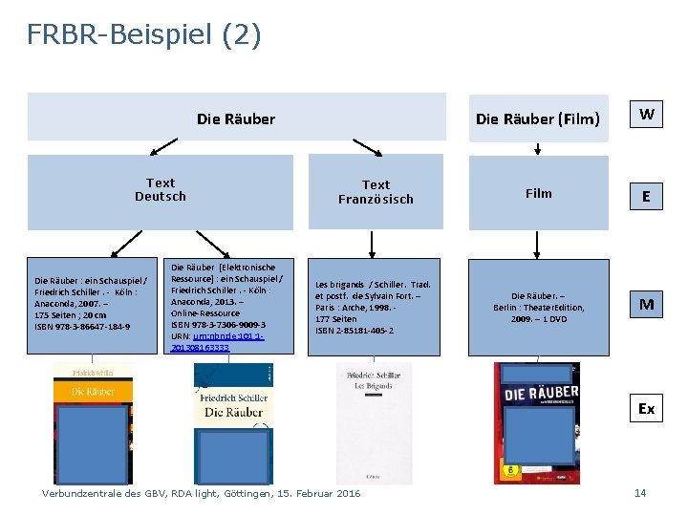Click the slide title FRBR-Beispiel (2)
coord(143,35)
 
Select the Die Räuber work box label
coord(235,119)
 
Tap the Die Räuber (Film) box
coord(538,119)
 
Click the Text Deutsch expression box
coord(161,190)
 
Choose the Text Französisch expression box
coord(376,192)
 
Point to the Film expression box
coord(538,193)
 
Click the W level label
coord(647,115)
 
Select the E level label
coord(647,197)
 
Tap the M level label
coord(647,305)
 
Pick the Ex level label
coord(647,409)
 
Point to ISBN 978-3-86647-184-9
coord(82,327)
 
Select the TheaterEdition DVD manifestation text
coord(538,307)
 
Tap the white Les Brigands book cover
coord(375,420)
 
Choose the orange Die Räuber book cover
coord(93,420)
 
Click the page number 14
coord(640,493)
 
